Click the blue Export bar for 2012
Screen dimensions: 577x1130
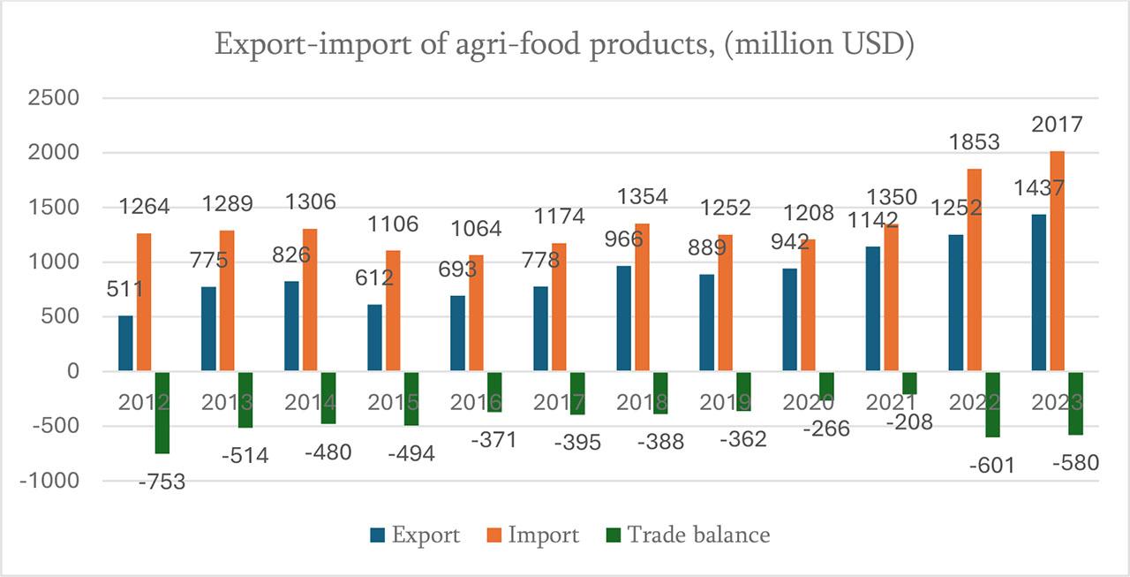click(x=125, y=344)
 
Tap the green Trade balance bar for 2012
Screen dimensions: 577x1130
click(x=162, y=413)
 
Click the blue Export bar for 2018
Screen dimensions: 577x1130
click(x=623, y=318)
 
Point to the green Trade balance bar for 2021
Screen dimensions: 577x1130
click(x=909, y=383)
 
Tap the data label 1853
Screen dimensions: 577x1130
click(x=975, y=141)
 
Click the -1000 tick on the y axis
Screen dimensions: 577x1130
click(x=49, y=482)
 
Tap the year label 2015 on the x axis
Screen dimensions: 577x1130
click(x=392, y=402)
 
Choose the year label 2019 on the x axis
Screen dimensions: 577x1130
click(x=724, y=402)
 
